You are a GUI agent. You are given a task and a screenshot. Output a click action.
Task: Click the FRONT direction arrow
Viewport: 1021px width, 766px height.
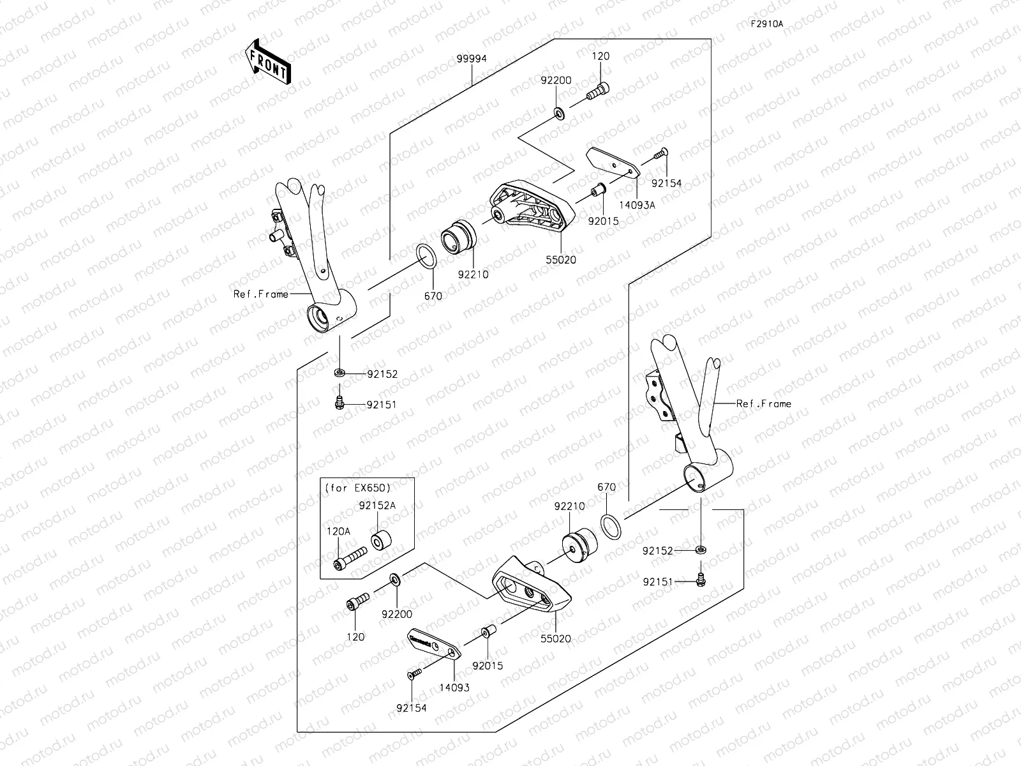pos(267,62)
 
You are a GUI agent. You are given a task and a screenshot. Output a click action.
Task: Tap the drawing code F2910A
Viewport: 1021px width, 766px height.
pos(766,24)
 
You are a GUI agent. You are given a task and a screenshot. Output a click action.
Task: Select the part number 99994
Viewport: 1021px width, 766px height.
pos(472,59)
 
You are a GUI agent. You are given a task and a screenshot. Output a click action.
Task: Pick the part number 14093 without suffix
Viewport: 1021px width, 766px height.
pos(454,687)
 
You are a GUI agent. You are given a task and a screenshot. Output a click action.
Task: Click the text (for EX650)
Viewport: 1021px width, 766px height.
pos(358,488)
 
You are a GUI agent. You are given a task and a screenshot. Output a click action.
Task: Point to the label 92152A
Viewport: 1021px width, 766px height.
pos(376,505)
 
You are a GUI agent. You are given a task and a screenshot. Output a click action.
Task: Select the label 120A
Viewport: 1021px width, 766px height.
pos(338,530)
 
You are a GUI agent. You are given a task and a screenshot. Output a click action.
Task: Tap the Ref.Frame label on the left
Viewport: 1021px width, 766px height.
pos(260,294)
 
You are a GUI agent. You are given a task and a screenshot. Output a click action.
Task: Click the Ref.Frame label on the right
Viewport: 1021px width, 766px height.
pos(763,403)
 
